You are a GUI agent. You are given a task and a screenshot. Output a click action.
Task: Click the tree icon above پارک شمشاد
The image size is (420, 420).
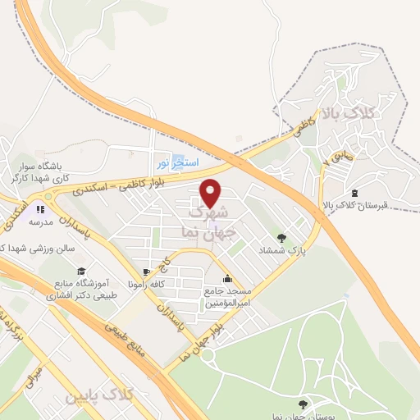coord(281,238)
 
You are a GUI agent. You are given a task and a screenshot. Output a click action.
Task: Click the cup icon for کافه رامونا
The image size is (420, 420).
coord(146,272)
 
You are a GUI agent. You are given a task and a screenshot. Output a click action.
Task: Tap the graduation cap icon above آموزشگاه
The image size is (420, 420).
coord(80,271)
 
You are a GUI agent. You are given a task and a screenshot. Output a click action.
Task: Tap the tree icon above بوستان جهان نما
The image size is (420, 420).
coord(304,404)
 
